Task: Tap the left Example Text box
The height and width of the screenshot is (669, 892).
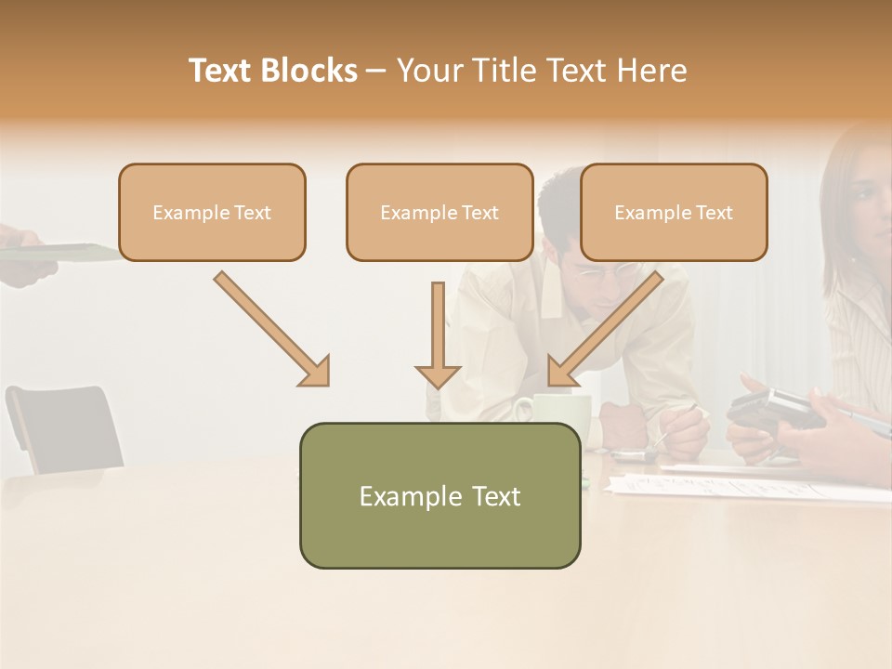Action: [x=212, y=213]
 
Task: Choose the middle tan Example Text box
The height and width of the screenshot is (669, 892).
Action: [x=439, y=213]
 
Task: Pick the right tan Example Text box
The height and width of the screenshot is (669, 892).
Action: [x=674, y=213]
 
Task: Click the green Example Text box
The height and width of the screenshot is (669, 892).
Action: [x=439, y=495]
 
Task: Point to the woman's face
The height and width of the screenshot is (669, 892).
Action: [x=869, y=195]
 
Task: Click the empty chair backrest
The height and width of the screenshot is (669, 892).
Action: [x=65, y=427]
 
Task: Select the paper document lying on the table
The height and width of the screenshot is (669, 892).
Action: [x=743, y=484]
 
